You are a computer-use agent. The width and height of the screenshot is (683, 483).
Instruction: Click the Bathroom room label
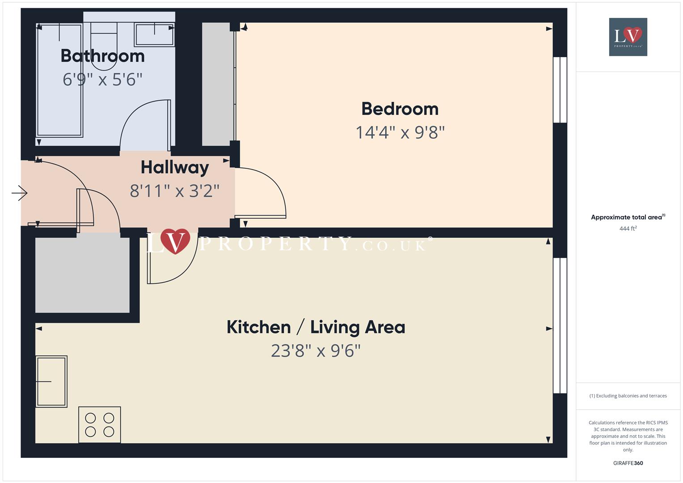coord(102,56)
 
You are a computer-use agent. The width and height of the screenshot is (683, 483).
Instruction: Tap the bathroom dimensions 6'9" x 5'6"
coord(102,80)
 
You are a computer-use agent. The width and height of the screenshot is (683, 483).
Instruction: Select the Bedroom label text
coord(400,109)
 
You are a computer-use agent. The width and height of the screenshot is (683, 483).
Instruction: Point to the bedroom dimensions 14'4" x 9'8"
coord(400,132)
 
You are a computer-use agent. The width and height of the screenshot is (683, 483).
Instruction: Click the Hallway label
coord(175,167)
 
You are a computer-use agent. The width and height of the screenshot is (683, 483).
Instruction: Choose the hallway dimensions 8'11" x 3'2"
coord(175,191)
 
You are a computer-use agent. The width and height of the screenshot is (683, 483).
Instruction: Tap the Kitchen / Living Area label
coord(316,327)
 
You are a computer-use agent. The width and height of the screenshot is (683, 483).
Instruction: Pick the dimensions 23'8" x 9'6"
coord(316,351)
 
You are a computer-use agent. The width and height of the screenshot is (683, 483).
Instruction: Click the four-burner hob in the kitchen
coord(100,424)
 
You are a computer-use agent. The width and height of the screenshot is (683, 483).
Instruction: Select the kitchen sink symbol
coord(51,381)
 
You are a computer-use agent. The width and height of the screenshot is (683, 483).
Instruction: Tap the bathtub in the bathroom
coord(59,80)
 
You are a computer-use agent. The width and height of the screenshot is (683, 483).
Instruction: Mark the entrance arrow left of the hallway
coord(20,193)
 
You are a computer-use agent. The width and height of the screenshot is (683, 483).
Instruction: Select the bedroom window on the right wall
coord(560,90)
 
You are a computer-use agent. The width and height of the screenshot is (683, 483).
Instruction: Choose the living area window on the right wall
coord(560,326)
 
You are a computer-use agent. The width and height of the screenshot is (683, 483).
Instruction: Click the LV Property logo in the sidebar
coord(628,37)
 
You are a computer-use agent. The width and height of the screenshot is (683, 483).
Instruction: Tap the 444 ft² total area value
coord(628,229)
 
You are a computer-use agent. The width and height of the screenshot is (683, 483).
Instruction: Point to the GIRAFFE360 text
coord(628,463)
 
